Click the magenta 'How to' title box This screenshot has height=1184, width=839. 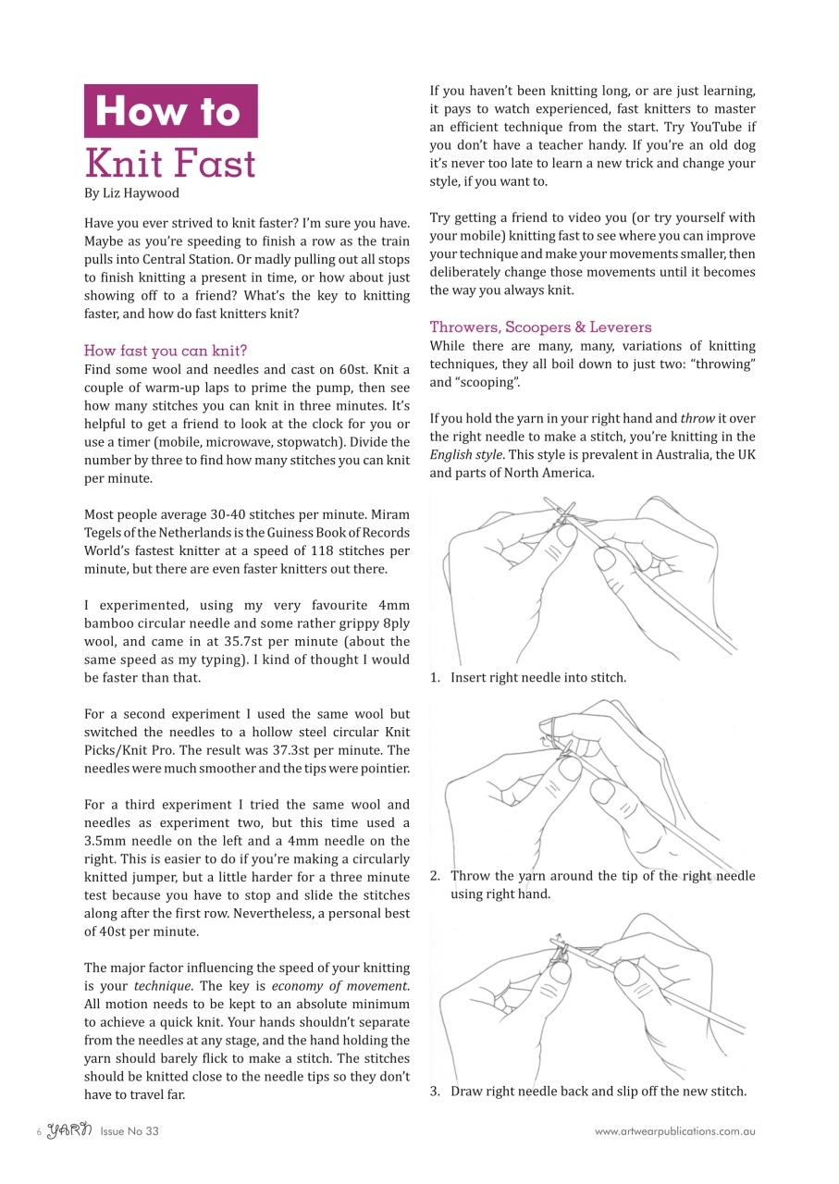point(170,111)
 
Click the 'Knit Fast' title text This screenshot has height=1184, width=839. point(170,163)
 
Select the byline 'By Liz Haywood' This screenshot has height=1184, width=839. point(131,193)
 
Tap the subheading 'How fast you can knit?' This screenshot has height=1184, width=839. point(166,350)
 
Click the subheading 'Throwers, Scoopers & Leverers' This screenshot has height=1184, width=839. point(540,327)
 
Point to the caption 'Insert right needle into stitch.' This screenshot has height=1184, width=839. point(537,677)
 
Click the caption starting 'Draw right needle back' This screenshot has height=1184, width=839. point(598,1091)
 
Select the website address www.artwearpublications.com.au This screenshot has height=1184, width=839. point(674,1130)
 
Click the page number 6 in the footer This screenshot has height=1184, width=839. point(39,1131)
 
